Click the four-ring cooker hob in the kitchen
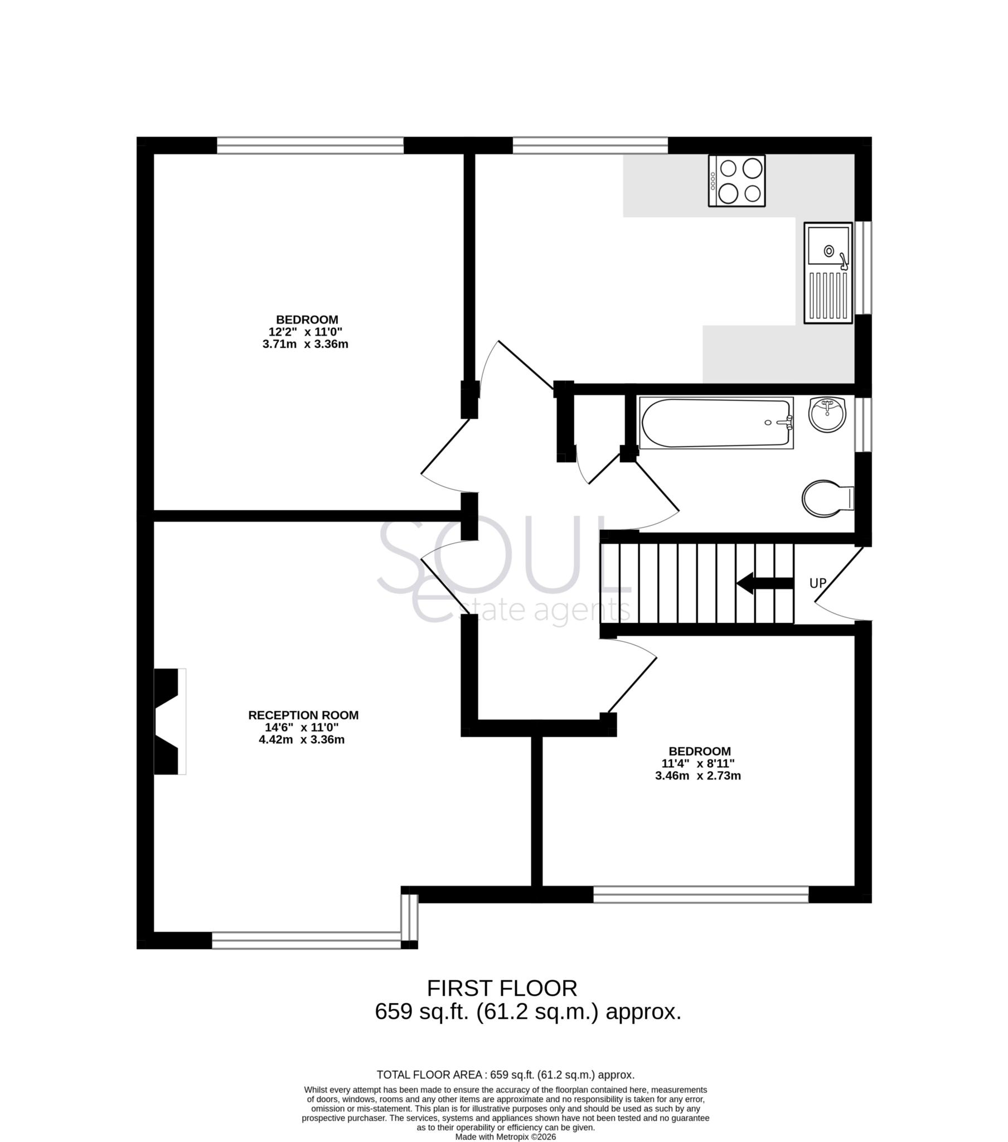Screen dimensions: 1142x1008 coord(736,181)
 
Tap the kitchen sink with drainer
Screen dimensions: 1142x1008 coord(828,273)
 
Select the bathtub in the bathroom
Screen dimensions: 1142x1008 coord(716,423)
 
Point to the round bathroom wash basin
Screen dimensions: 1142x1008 coord(827,414)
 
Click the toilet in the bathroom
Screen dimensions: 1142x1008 coord(826,499)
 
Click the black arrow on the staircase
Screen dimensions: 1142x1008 coord(764,583)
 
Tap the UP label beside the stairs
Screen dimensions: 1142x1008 coord(817,583)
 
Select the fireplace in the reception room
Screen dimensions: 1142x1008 coord(168,722)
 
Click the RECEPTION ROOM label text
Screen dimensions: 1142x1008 coord(303,715)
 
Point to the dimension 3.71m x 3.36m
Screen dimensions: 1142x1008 coord(305,344)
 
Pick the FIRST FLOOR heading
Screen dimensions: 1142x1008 coord(502,988)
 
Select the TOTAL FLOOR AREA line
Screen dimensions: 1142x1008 coord(505,1075)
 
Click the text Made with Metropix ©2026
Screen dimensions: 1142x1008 coord(505,1136)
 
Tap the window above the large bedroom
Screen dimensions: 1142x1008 coord(310,146)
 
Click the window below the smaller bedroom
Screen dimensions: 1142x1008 coord(701,894)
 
